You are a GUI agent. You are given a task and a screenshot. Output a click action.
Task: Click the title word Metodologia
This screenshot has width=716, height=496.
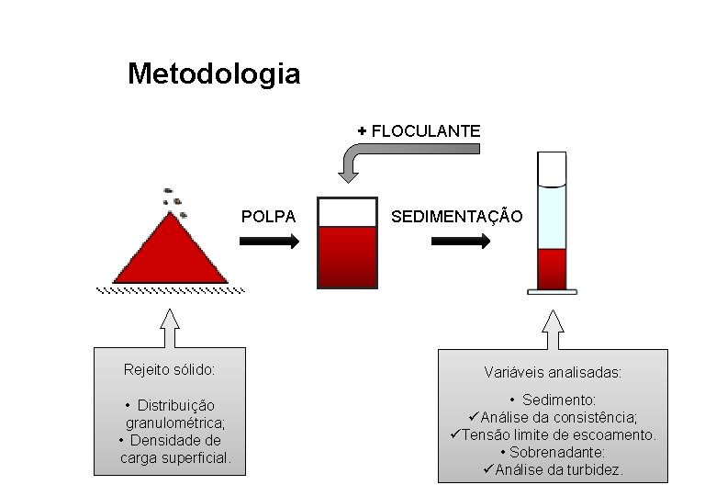point(214,73)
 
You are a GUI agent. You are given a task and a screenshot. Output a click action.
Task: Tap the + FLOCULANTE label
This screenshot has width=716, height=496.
point(420,131)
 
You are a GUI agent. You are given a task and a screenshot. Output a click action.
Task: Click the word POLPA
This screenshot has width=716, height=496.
point(268,217)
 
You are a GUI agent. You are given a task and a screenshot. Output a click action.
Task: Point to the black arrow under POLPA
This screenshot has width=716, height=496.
point(269,242)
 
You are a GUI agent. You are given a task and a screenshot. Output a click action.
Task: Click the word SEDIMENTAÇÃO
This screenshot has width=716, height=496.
point(456,217)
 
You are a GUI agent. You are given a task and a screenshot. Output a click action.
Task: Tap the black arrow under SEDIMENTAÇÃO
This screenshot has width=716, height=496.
point(461,242)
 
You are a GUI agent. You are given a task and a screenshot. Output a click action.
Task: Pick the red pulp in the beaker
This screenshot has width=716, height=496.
point(347,257)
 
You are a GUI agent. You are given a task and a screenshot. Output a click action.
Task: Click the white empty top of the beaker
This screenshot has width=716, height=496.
point(347,212)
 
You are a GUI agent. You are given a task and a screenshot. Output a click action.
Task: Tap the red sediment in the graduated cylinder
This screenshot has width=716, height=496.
point(552,268)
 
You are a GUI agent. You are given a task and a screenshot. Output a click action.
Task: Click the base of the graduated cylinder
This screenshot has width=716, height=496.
point(552,292)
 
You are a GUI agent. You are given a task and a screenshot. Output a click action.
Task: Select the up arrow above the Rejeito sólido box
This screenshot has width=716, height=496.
point(170,327)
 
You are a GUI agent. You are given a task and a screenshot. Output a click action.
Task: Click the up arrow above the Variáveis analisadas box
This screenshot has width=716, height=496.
point(552,327)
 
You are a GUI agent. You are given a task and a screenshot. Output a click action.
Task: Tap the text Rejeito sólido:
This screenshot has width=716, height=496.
point(170,370)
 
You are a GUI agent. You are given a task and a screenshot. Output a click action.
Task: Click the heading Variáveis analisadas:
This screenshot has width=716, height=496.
point(553,373)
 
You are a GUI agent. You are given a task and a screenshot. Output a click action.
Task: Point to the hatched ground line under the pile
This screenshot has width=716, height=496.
point(171,290)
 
